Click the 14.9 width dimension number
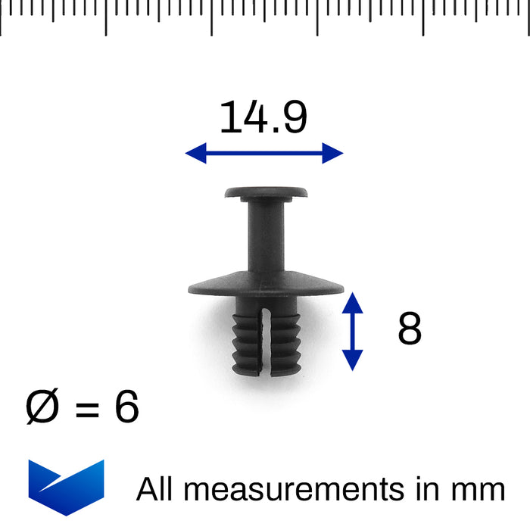coord(263,118)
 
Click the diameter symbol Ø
coord(43,408)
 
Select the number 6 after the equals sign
coord(126,408)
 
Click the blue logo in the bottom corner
coord(66,487)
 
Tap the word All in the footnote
coord(156,489)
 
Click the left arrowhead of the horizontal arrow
coord(194,153)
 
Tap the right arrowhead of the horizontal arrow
coord(334,153)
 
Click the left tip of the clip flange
coord(190,289)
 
